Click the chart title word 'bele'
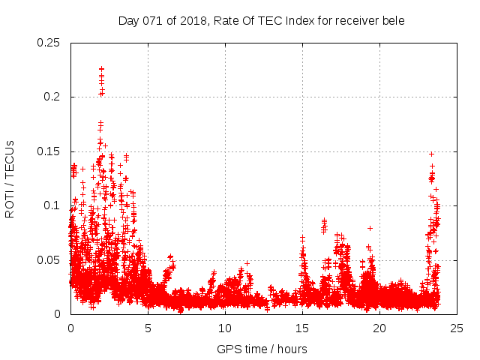392,21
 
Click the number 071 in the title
154,21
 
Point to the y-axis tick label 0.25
49,43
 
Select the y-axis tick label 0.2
52,97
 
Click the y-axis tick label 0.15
49,151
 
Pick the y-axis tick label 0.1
52,205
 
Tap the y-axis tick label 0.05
49,260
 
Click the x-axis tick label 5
148,328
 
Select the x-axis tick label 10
225,328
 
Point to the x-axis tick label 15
302,328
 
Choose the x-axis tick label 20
379,328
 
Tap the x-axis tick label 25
457,328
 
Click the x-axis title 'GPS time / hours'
262,349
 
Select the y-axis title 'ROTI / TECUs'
10,178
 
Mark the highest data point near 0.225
101,69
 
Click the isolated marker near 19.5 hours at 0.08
370,227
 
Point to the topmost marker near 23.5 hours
431,154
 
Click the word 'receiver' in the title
353,21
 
